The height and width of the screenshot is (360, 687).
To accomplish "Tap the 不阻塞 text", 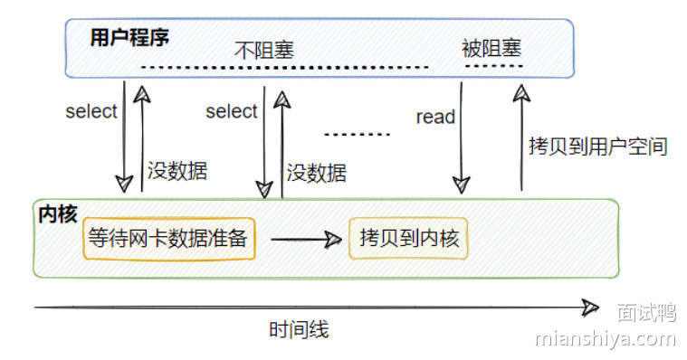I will click(264, 49).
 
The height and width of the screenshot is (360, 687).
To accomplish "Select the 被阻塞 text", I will click(491, 47).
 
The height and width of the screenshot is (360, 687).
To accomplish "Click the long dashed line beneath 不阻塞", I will click(285, 68).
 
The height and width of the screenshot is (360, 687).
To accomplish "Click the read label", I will click(435, 117).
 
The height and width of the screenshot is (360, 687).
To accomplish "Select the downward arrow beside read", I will click(462, 136).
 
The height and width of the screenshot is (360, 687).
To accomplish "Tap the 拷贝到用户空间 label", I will click(597, 146).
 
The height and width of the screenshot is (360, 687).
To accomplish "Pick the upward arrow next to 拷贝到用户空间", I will click(521, 136).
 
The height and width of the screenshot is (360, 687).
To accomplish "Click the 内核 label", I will click(57, 214).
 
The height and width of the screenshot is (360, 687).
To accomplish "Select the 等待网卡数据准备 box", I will click(168, 239).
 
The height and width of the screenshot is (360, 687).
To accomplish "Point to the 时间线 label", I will click(299, 330).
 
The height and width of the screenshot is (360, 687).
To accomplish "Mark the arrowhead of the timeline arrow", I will click(591, 308).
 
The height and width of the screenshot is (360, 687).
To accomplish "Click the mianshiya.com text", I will click(605, 339).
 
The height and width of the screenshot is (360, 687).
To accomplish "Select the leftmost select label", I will click(91, 111).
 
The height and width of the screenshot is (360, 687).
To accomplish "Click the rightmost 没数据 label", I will click(316, 172).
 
